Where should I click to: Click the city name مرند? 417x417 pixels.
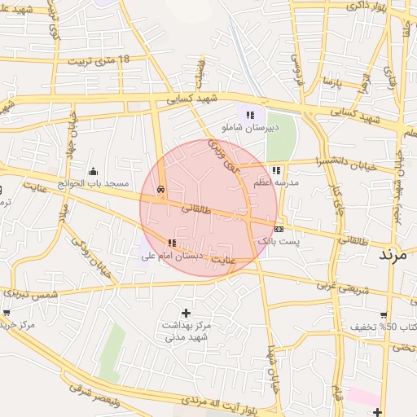pyautogui.click(x=397, y=255)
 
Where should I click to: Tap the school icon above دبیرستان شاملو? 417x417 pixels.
pyautogui.click(x=250, y=115)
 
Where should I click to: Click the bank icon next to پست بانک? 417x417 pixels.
pyautogui.click(x=279, y=230)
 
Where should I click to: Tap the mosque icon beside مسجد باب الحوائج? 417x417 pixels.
pyautogui.click(x=93, y=171)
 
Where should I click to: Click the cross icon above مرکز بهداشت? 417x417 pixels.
pyautogui.click(x=187, y=313)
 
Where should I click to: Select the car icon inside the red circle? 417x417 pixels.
pyautogui.click(x=161, y=189)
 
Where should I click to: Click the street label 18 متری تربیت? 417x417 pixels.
pyautogui.click(x=99, y=60)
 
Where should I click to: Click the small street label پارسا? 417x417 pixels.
pyautogui.click(x=329, y=82)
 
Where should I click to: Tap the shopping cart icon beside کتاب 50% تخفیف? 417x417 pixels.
pyautogui.click(x=383, y=314)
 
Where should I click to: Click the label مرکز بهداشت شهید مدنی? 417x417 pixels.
pyautogui.click(x=187, y=331)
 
